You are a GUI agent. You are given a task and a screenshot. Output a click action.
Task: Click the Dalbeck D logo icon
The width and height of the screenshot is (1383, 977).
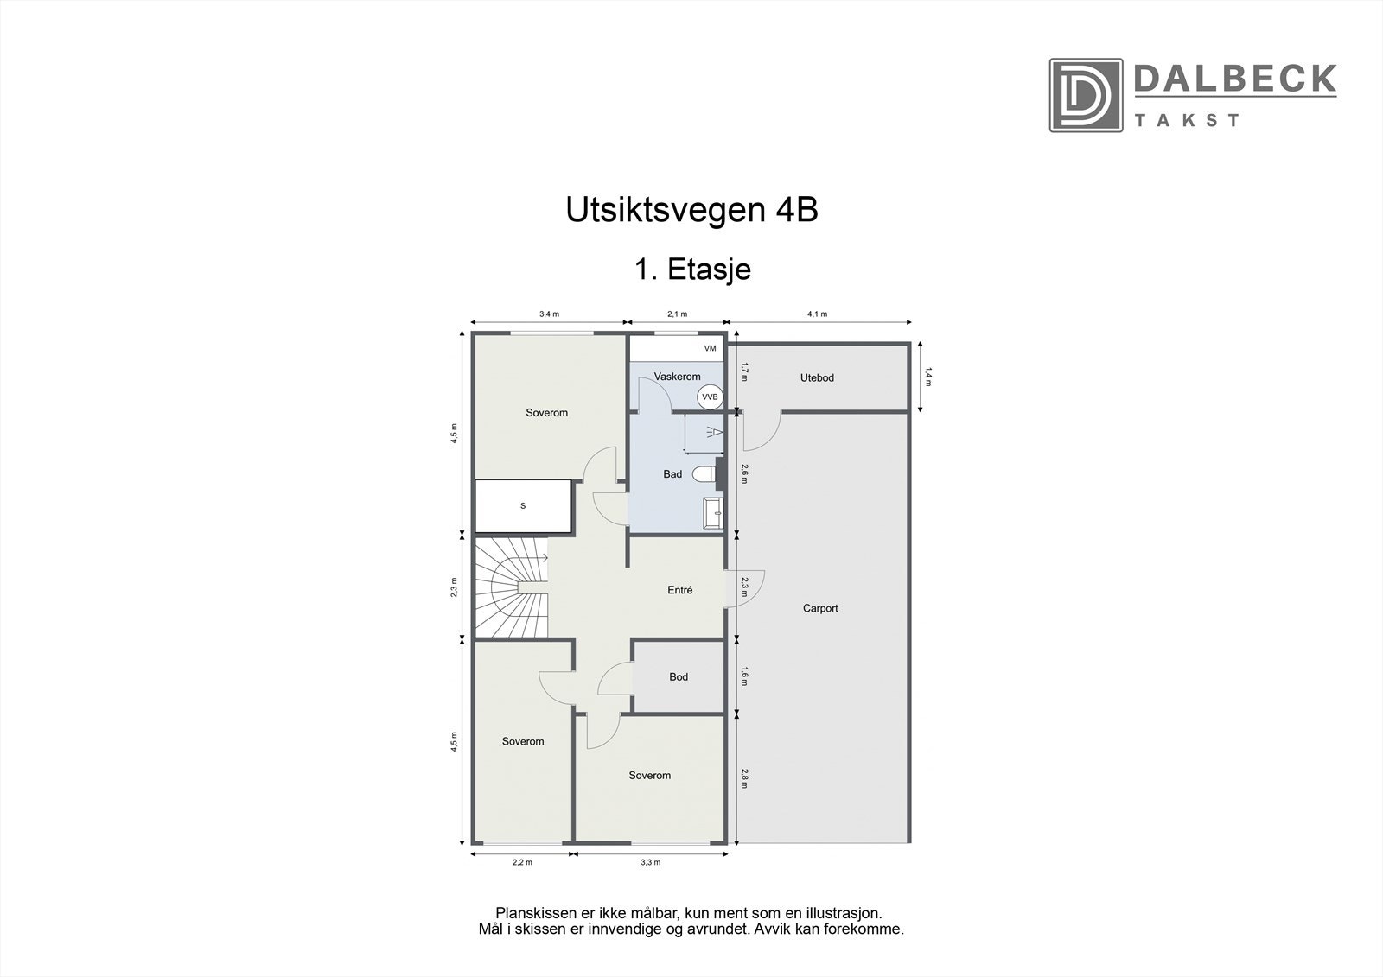[1086, 95]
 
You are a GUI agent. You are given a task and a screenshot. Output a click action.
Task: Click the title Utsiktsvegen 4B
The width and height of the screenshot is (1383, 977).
[691, 211]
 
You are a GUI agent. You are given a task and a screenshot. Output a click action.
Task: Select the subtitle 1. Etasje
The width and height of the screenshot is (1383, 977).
[692, 269]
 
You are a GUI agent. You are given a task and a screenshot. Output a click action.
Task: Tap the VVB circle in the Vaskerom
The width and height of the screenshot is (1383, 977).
[710, 397]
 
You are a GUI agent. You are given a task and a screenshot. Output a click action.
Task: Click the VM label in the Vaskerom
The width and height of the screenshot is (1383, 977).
[711, 348]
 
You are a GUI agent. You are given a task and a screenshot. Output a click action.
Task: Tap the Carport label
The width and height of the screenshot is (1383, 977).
[820, 608]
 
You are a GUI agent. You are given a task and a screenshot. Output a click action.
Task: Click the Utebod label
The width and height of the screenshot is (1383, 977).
[817, 377]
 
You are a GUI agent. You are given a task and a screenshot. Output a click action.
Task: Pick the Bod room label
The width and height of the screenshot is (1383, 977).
[679, 676]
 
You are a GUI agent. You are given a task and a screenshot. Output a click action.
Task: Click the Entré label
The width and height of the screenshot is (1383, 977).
[680, 590]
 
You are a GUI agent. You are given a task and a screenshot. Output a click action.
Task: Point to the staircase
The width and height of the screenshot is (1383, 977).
[510, 588]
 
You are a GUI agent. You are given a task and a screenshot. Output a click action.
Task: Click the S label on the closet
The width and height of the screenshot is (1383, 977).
[523, 506]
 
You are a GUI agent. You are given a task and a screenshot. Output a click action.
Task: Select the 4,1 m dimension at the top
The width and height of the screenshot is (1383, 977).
[817, 314]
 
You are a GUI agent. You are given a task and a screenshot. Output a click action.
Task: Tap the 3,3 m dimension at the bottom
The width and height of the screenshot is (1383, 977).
[651, 862]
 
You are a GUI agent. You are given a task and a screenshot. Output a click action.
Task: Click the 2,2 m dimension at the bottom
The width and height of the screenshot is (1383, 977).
[522, 862]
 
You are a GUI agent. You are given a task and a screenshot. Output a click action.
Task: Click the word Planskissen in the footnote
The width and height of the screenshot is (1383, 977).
[530, 912]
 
